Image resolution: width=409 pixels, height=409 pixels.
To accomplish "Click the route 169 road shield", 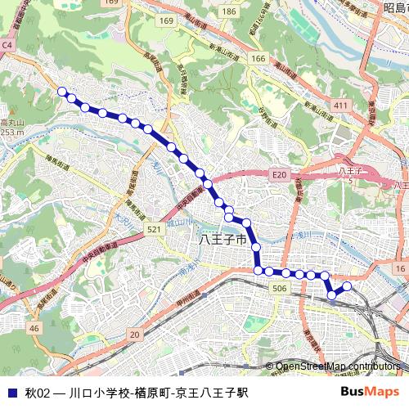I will (x=168, y=20).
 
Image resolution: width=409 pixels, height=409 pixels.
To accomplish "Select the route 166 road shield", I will (x=258, y=59).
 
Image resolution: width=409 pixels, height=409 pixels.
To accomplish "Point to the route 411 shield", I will (x=340, y=106).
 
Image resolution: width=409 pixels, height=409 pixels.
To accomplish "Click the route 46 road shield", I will (x=34, y=328).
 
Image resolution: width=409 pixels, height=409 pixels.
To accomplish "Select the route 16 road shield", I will (x=399, y=268).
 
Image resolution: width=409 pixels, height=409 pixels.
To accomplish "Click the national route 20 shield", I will (x=134, y=334).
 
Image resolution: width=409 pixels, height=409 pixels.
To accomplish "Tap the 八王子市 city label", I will (x=222, y=240).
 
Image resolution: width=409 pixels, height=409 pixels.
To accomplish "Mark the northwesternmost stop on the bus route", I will (x=62, y=92).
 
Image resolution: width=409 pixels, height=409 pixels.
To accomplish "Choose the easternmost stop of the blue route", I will (x=347, y=286).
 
